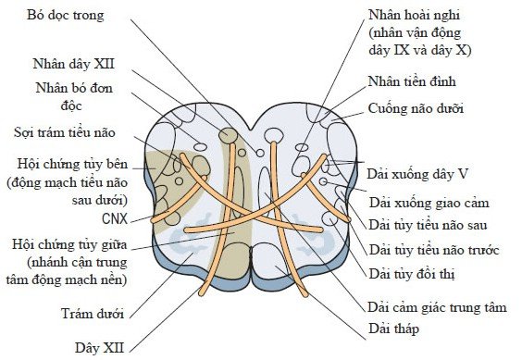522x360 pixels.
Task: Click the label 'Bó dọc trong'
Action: pyautogui.click(x=66, y=15)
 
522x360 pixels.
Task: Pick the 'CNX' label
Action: pyautogui.click(x=116, y=220)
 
